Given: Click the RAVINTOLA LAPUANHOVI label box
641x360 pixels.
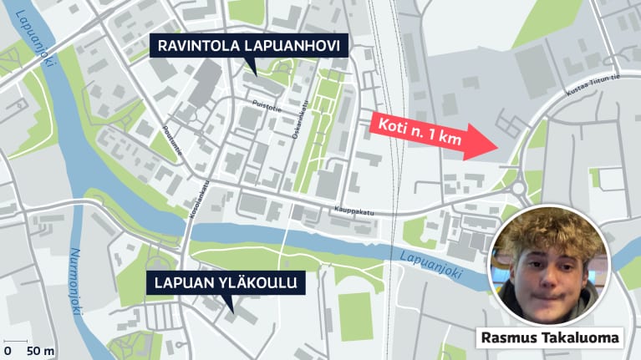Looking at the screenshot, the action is pos(250,46).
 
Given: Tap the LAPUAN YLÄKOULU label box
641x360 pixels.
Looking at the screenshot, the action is pos(224,284).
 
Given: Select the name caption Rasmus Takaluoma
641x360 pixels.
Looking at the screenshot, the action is pos(551,338).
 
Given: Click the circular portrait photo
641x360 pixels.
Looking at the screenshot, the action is pos(549,266).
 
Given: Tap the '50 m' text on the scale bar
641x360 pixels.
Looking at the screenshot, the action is pos(40,350).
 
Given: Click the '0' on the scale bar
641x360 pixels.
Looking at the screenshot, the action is pos(8,350).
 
